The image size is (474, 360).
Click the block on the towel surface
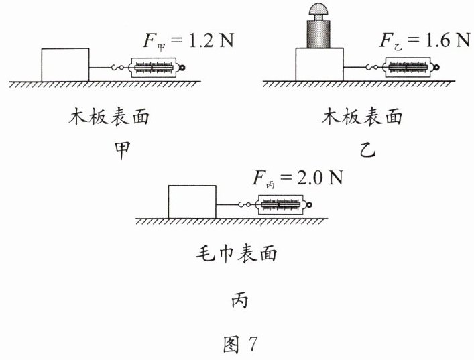tap(192, 202)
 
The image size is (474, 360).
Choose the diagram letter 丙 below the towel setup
tap(239, 300)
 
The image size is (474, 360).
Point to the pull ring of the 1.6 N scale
tap(434, 67)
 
